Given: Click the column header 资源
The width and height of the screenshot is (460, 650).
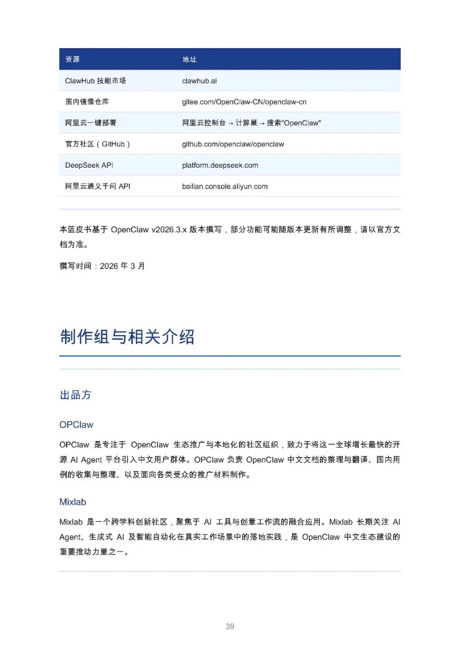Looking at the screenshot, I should (x=72, y=59).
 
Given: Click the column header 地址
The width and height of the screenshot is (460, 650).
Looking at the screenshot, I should (x=190, y=59).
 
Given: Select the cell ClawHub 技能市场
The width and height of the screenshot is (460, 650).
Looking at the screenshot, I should (x=95, y=81).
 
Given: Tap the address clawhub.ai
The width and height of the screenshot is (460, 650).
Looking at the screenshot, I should (x=199, y=81).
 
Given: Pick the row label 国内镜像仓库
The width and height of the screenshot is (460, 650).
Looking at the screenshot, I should (x=87, y=102).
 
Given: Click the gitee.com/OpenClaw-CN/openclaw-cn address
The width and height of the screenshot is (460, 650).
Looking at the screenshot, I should (x=244, y=102).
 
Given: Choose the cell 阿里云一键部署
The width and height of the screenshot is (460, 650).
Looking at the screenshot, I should (x=90, y=123).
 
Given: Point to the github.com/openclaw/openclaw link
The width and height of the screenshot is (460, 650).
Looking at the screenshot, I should (x=233, y=144).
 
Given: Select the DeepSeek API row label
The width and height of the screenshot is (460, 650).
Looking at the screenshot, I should (x=89, y=165).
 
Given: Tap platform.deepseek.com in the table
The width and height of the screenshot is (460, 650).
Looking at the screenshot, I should (x=220, y=165).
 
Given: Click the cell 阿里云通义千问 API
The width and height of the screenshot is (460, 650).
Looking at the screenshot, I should (x=98, y=186).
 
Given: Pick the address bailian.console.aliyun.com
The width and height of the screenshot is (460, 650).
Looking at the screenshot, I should (x=225, y=186).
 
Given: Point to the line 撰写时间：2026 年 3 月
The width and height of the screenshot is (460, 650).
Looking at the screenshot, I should (x=102, y=266).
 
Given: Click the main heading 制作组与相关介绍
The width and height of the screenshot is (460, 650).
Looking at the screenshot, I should (x=127, y=337).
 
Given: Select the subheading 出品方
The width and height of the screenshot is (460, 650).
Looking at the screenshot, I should (x=75, y=395).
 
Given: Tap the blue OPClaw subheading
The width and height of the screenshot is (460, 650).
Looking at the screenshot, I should (x=76, y=425).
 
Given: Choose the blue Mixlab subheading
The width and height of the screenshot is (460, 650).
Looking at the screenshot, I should (x=73, y=502).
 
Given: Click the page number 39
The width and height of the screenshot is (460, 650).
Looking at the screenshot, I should (x=230, y=627).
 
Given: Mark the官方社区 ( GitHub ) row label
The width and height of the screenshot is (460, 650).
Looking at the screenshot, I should (x=98, y=144).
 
